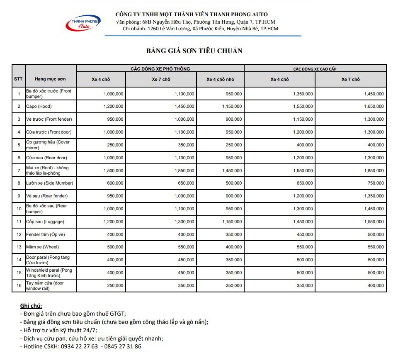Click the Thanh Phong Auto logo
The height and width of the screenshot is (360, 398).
[x=83, y=23]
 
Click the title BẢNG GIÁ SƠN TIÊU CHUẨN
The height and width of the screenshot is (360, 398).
[x=194, y=51]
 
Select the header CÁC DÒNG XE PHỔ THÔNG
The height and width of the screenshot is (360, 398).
[x=160, y=69]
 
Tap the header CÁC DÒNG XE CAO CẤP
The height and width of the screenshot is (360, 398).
[x=315, y=69]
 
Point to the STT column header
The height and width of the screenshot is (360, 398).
[x=19, y=79]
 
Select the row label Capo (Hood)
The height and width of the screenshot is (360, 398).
[x=39, y=107]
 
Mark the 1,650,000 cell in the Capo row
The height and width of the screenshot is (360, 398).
[x=374, y=107]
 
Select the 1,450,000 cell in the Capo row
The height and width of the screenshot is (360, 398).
[x=184, y=107]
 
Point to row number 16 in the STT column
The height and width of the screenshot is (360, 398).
[x=19, y=286]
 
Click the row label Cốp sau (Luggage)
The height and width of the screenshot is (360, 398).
[x=45, y=222]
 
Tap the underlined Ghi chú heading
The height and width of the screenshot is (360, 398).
[x=31, y=306]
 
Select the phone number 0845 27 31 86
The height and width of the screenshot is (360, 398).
[x=123, y=347]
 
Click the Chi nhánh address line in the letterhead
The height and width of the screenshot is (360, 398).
[x=201, y=29]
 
